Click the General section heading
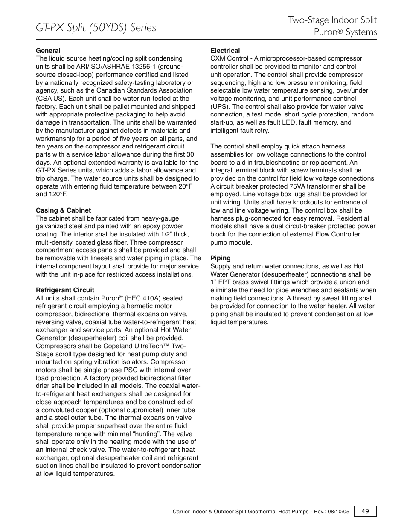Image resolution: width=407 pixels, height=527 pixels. point(48,50)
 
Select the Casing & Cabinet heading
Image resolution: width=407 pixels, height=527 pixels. point(63,210)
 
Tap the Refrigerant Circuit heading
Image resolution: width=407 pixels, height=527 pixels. point(65,290)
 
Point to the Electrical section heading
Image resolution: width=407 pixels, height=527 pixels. point(225,50)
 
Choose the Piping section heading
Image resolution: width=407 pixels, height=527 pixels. point(220,258)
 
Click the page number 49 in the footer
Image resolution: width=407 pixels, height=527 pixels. point(365,511)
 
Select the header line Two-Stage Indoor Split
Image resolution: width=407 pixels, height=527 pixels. point(332,20)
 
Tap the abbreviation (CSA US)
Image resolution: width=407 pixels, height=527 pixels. point(49,99)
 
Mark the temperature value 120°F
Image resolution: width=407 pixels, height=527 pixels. point(58,194)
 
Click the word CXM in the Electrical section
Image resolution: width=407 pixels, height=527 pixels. point(218,58)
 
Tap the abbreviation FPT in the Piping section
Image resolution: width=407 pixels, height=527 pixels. point(228,282)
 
